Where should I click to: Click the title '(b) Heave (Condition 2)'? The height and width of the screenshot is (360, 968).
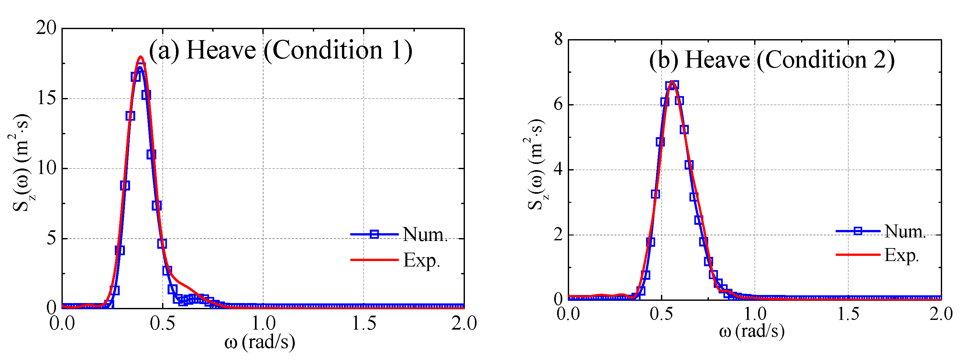tap(772, 60)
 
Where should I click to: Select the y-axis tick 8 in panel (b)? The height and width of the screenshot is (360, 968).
tap(558, 39)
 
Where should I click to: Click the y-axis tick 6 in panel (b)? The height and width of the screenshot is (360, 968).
tap(558, 104)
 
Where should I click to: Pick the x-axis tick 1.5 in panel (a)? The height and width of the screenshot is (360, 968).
tap(363, 323)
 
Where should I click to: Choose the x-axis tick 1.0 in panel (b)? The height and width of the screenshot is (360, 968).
tap(754, 314)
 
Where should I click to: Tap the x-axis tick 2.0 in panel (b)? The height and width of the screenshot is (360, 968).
tap(940, 314)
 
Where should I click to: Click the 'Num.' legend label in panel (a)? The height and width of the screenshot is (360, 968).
tap(425, 235)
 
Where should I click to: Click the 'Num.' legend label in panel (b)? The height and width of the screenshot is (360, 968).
tap(905, 231)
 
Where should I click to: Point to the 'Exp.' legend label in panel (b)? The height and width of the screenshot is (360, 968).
tap(901, 255)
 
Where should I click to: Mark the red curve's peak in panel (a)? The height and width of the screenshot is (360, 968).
tap(141, 57)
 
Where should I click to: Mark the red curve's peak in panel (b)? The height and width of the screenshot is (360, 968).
tap(672, 82)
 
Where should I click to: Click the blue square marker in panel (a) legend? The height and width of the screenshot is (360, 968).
tap(374, 235)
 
